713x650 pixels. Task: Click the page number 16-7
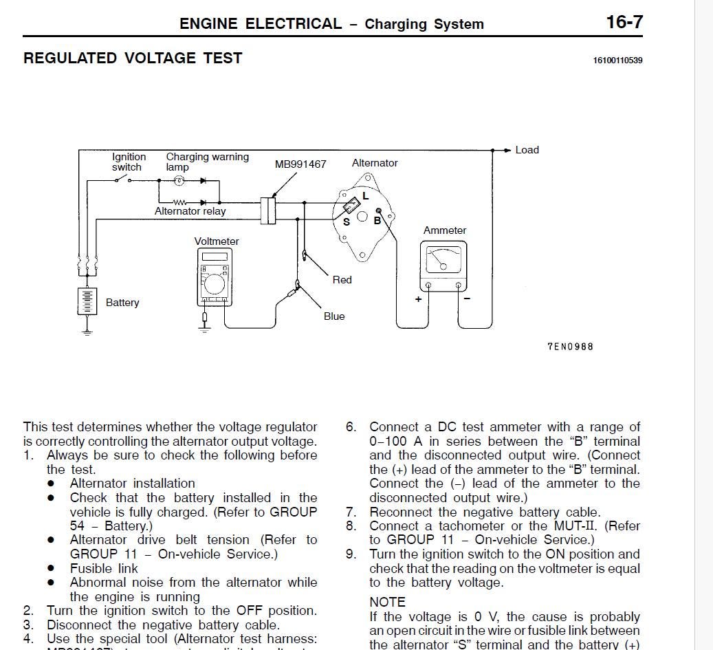point(624,22)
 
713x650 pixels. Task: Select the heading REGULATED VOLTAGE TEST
point(133,58)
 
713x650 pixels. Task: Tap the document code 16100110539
point(617,61)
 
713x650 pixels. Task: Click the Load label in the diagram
point(527,150)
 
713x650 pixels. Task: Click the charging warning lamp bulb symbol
point(179,181)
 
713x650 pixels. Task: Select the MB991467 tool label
point(300,164)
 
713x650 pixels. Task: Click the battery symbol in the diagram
point(87,301)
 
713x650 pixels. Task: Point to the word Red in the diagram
point(342,280)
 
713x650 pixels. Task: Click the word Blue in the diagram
point(334,316)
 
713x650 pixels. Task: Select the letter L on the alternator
point(366,196)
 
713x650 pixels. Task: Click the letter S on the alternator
point(347,221)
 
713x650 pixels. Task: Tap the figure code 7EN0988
point(569,347)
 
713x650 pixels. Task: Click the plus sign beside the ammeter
point(418,299)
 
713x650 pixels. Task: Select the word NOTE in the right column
point(387,602)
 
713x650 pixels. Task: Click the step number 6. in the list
point(351,427)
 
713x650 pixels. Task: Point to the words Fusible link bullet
point(104,568)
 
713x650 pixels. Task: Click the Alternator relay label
point(190,211)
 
